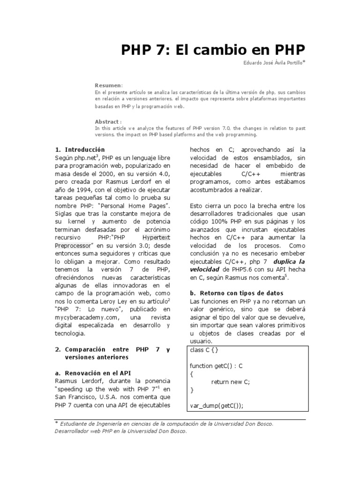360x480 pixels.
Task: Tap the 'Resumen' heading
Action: click(108, 85)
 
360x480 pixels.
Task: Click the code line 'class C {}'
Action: click(204, 350)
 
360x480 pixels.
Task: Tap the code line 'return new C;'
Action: click(231, 382)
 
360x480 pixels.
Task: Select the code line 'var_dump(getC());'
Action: click(217, 405)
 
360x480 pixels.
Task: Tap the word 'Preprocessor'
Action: click(74, 245)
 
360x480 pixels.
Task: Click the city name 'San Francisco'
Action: click(75, 397)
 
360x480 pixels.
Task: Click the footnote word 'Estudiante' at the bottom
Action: click(76, 424)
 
